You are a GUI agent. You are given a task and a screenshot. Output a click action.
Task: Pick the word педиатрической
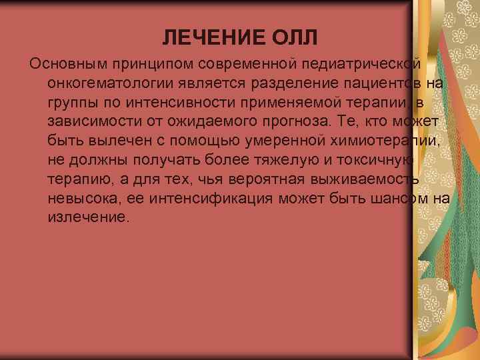pos(361,63)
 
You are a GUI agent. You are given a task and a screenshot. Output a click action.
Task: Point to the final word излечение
pos(87,217)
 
